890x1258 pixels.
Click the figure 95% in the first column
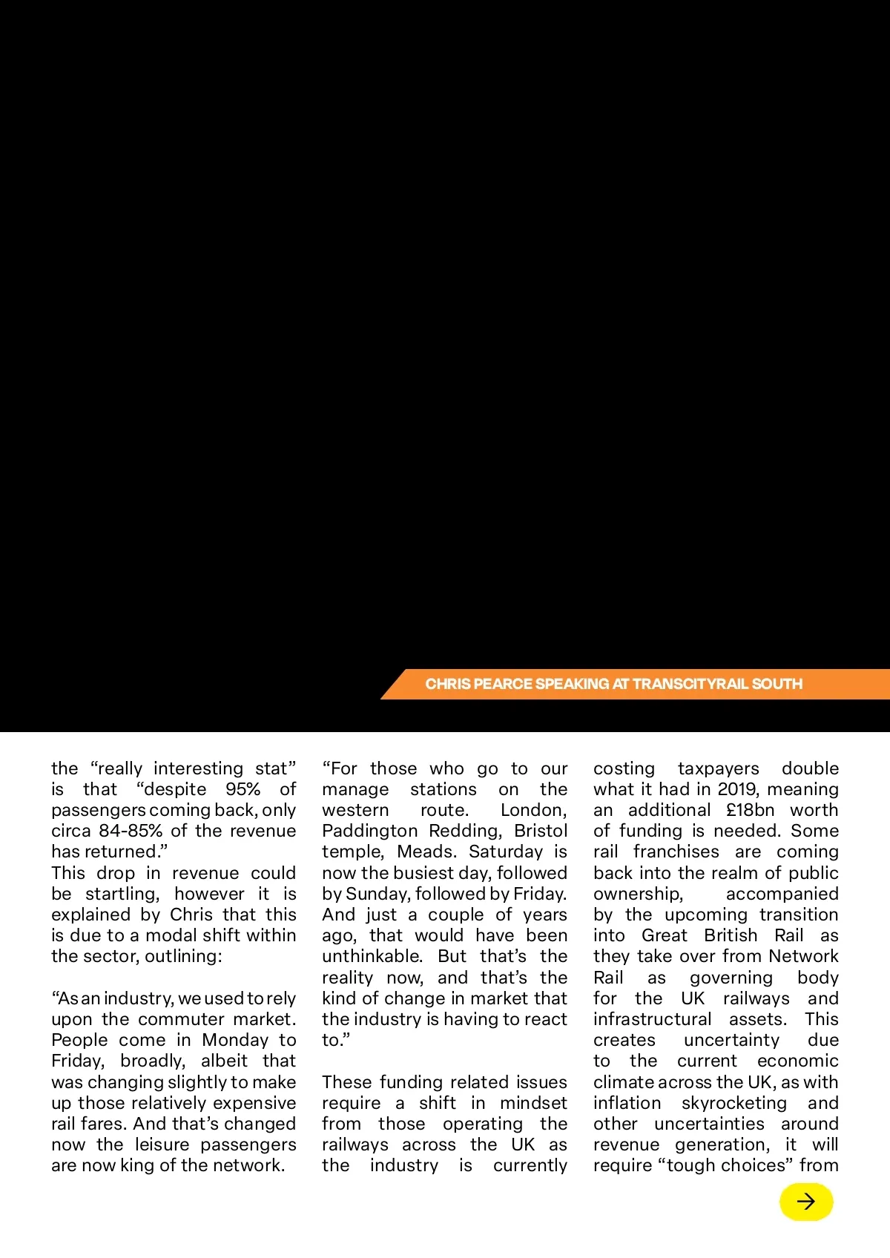click(243, 789)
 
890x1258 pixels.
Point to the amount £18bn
click(750, 810)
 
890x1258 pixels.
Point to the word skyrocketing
click(734, 1103)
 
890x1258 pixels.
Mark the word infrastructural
click(652, 1019)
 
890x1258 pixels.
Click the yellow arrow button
click(806, 1202)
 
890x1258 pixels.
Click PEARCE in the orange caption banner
click(503, 684)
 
